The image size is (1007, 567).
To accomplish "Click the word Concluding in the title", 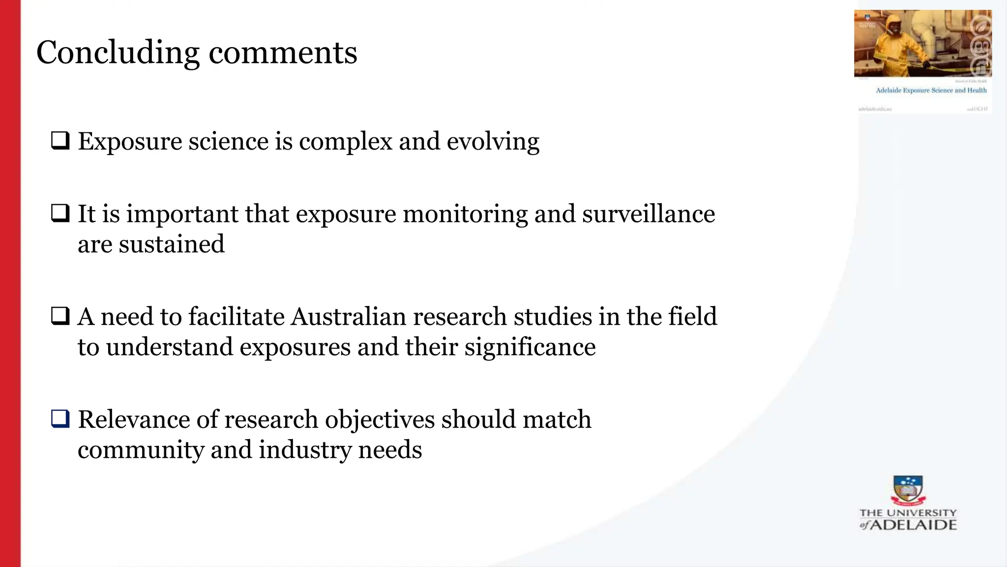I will (x=118, y=53).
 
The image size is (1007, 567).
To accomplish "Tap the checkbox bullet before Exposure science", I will (x=60, y=141).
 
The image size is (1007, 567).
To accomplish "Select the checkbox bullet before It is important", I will (x=60, y=213).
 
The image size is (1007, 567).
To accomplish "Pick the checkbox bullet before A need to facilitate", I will (x=60, y=315).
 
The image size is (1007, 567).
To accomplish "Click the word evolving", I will (x=493, y=142).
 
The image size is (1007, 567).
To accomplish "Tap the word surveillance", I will (x=649, y=214).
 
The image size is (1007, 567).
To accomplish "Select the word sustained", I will (x=172, y=244).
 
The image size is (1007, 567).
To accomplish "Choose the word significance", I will (x=530, y=347).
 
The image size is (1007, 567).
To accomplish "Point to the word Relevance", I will (x=134, y=419).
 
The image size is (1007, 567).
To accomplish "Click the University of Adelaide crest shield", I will (x=908, y=489).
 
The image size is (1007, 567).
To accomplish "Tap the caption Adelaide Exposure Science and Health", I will (x=931, y=90).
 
